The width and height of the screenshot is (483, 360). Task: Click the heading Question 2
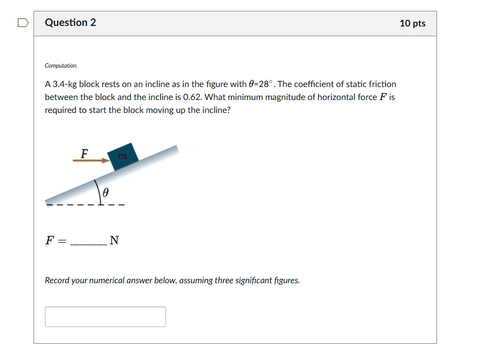(70, 23)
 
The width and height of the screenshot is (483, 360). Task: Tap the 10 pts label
(412, 23)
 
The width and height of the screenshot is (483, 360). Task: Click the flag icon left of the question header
(22, 23)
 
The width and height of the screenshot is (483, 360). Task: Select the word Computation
(61, 65)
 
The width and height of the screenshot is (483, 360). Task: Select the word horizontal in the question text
(336, 97)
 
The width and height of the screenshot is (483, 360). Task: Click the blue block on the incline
(123, 156)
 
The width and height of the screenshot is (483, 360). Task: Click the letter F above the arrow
(84, 154)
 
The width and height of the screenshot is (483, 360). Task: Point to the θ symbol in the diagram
(106, 192)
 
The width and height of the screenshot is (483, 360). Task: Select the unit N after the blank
(114, 241)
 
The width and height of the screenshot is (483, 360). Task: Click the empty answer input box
(105, 317)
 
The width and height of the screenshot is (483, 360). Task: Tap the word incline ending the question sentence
(216, 110)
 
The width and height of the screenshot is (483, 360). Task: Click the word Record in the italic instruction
(57, 281)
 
